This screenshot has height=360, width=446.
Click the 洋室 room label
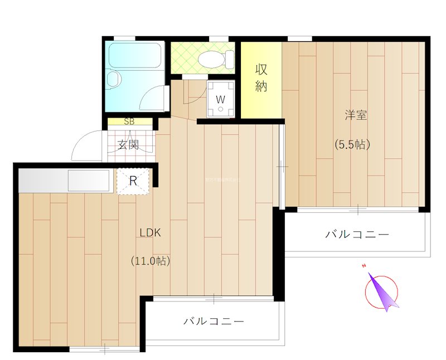(355, 116)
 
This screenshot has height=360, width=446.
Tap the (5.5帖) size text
(352, 144)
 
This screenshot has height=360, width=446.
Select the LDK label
(150, 233)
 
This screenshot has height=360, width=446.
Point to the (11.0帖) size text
(151, 260)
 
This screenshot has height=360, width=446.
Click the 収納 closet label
(261, 78)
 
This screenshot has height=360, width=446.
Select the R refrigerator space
(133, 181)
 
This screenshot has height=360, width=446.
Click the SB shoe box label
(129, 121)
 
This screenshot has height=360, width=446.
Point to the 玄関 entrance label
(128, 145)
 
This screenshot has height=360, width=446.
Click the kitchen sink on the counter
(88, 181)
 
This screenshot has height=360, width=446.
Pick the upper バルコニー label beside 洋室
(357, 235)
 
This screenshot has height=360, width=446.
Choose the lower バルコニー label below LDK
(214, 322)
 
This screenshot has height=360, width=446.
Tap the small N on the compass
(363, 266)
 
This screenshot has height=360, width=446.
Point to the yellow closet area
(261, 79)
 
